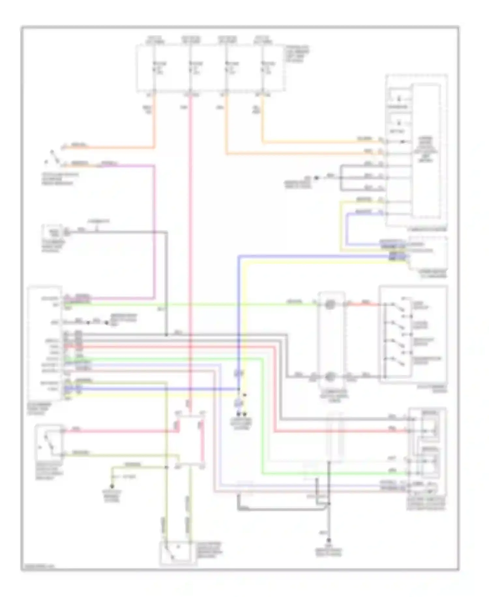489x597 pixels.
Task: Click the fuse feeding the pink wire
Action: [190, 67]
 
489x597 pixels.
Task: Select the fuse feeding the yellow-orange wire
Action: [262, 67]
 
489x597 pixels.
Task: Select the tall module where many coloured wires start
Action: [45, 343]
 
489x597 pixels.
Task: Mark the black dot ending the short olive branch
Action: [112, 486]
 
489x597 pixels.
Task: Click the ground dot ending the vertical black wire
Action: [329, 540]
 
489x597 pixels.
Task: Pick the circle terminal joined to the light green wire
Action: [330, 304]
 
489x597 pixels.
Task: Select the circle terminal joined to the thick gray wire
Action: [330, 376]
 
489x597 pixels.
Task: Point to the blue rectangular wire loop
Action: [362, 229]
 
